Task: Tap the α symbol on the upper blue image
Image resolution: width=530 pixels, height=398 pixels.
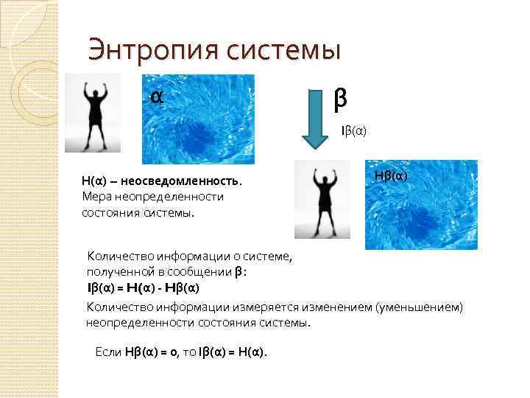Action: (156, 97)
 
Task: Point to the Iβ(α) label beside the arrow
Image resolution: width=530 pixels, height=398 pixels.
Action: (353, 131)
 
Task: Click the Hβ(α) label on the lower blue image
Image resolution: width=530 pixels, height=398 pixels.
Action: (390, 175)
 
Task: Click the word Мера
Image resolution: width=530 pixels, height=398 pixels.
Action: (96, 197)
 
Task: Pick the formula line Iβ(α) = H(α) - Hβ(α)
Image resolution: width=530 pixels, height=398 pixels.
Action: (143, 287)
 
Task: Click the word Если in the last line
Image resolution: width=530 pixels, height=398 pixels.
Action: (110, 352)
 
